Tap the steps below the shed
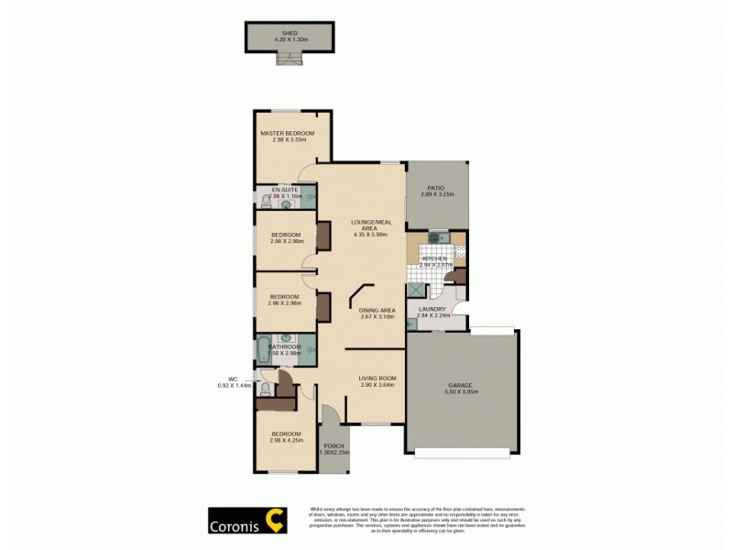[290, 58]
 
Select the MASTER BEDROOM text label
[287, 134]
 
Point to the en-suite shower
[310, 194]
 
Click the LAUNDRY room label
[432, 309]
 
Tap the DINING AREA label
[376, 310]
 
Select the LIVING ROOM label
[377, 378]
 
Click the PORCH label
[333, 445]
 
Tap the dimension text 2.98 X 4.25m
[287, 441]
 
